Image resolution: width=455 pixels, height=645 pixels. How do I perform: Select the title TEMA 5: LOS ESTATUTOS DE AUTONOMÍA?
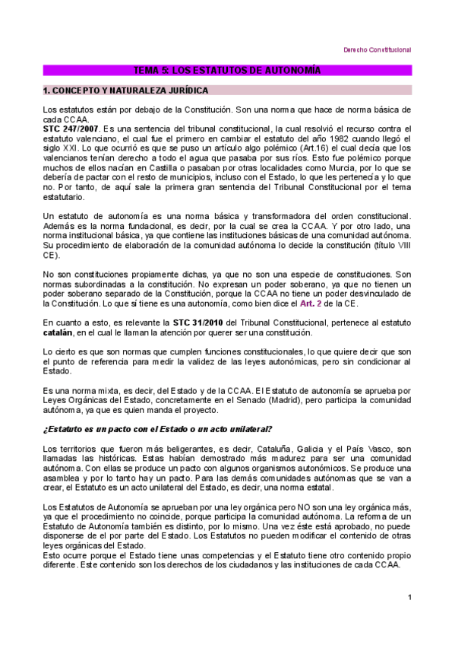click(x=227, y=70)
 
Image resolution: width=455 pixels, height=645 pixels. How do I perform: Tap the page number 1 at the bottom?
click(x=409, y=596)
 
